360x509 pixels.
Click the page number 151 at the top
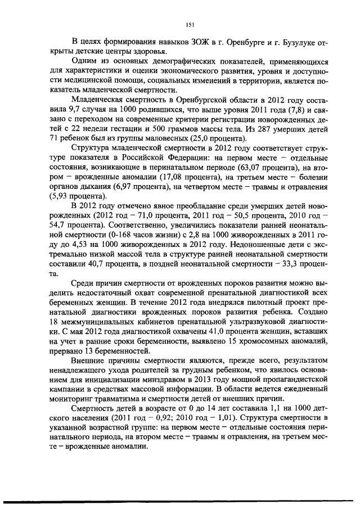190,24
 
